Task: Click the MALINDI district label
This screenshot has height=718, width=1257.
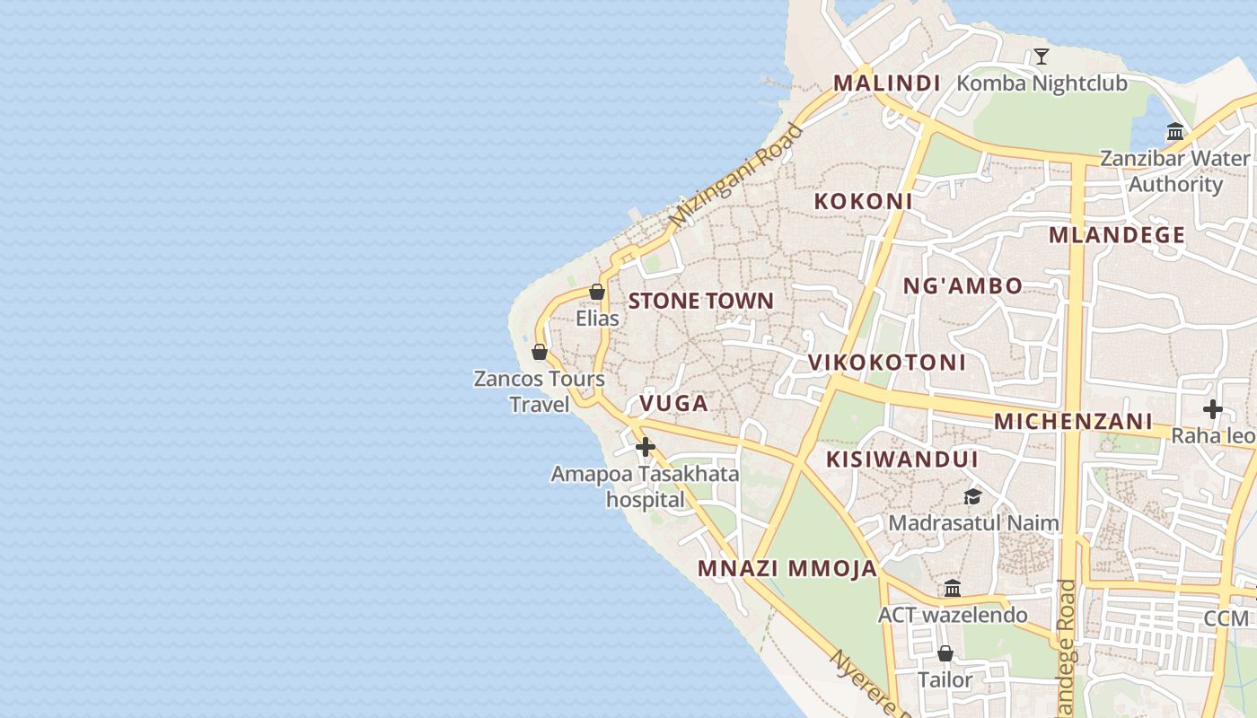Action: coord(886,83)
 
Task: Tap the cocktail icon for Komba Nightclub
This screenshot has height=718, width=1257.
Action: coord(1041,57)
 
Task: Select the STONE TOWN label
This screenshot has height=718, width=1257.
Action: coord(700,301)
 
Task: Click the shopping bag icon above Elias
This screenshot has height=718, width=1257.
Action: coord(597,292)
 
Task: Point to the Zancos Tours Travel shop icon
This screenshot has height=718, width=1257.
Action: coord(540,352)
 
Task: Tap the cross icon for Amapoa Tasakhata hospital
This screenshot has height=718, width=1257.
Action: coord(645,446)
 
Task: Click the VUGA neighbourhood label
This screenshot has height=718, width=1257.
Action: coord(673,404)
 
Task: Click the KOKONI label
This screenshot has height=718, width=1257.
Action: coord(863,202)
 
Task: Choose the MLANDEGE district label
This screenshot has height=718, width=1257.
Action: coord(1117,236)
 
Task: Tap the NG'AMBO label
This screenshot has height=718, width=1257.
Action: coord(963,286)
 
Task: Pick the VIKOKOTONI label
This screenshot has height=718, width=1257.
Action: coord(886,363)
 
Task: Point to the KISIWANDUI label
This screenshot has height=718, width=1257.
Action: coord(901,460)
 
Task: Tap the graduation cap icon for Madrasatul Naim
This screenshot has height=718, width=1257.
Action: coord(972,496)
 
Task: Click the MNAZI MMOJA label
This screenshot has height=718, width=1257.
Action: coord(787,568)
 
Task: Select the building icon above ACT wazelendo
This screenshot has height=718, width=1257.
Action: coord(953,589)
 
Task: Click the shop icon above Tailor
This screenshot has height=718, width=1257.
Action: coord(945,653)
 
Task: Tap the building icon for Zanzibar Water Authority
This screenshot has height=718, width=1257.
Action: coord(1175,133)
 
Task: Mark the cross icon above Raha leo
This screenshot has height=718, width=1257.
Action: coord(1213,409)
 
